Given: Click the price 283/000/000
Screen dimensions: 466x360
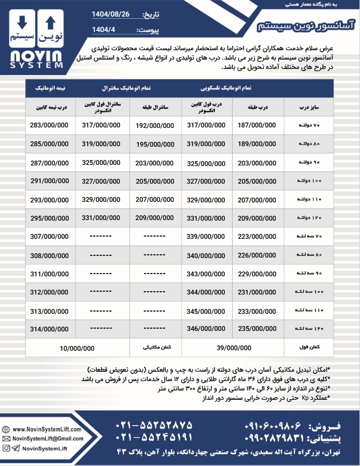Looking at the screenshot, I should (x=49, y=125).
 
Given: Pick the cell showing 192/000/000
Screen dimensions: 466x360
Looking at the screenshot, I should (x=155, y=125).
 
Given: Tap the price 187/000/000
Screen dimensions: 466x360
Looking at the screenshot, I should (x=257, y=125).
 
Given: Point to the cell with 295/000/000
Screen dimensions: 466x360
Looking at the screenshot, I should (x=49, y=218).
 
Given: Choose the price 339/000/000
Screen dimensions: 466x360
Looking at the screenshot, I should (x=206, y=237).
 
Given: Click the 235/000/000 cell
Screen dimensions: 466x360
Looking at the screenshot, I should (x=257, y=329).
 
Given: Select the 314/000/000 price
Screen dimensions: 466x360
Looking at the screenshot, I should (x=49, y=329).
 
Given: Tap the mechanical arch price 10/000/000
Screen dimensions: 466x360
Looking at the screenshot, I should (x=77, y=349).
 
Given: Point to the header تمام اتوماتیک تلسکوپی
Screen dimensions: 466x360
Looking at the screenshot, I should (x=231, y=88).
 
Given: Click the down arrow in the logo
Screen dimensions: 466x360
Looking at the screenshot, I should (x=22, y=23).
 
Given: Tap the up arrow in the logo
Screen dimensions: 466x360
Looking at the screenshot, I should (x=50, y=23).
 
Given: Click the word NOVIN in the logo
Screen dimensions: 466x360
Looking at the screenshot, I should (x=36, y=56).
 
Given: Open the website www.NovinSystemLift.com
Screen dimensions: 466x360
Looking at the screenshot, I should (x=46, y=429).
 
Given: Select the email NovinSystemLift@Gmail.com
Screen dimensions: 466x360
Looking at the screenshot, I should (x=47, y=438).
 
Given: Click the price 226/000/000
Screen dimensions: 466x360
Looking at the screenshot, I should (x=257, y=255).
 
